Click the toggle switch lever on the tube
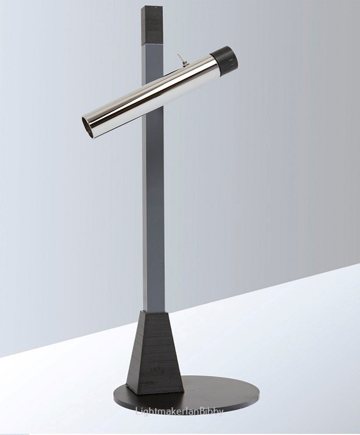point(179,59)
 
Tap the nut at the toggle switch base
point(182,64)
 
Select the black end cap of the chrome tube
point(225,60)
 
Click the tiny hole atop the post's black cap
point(155,6)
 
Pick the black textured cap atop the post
point(152,25)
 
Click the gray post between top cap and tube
point(153,63)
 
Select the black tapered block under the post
point(154,352)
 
